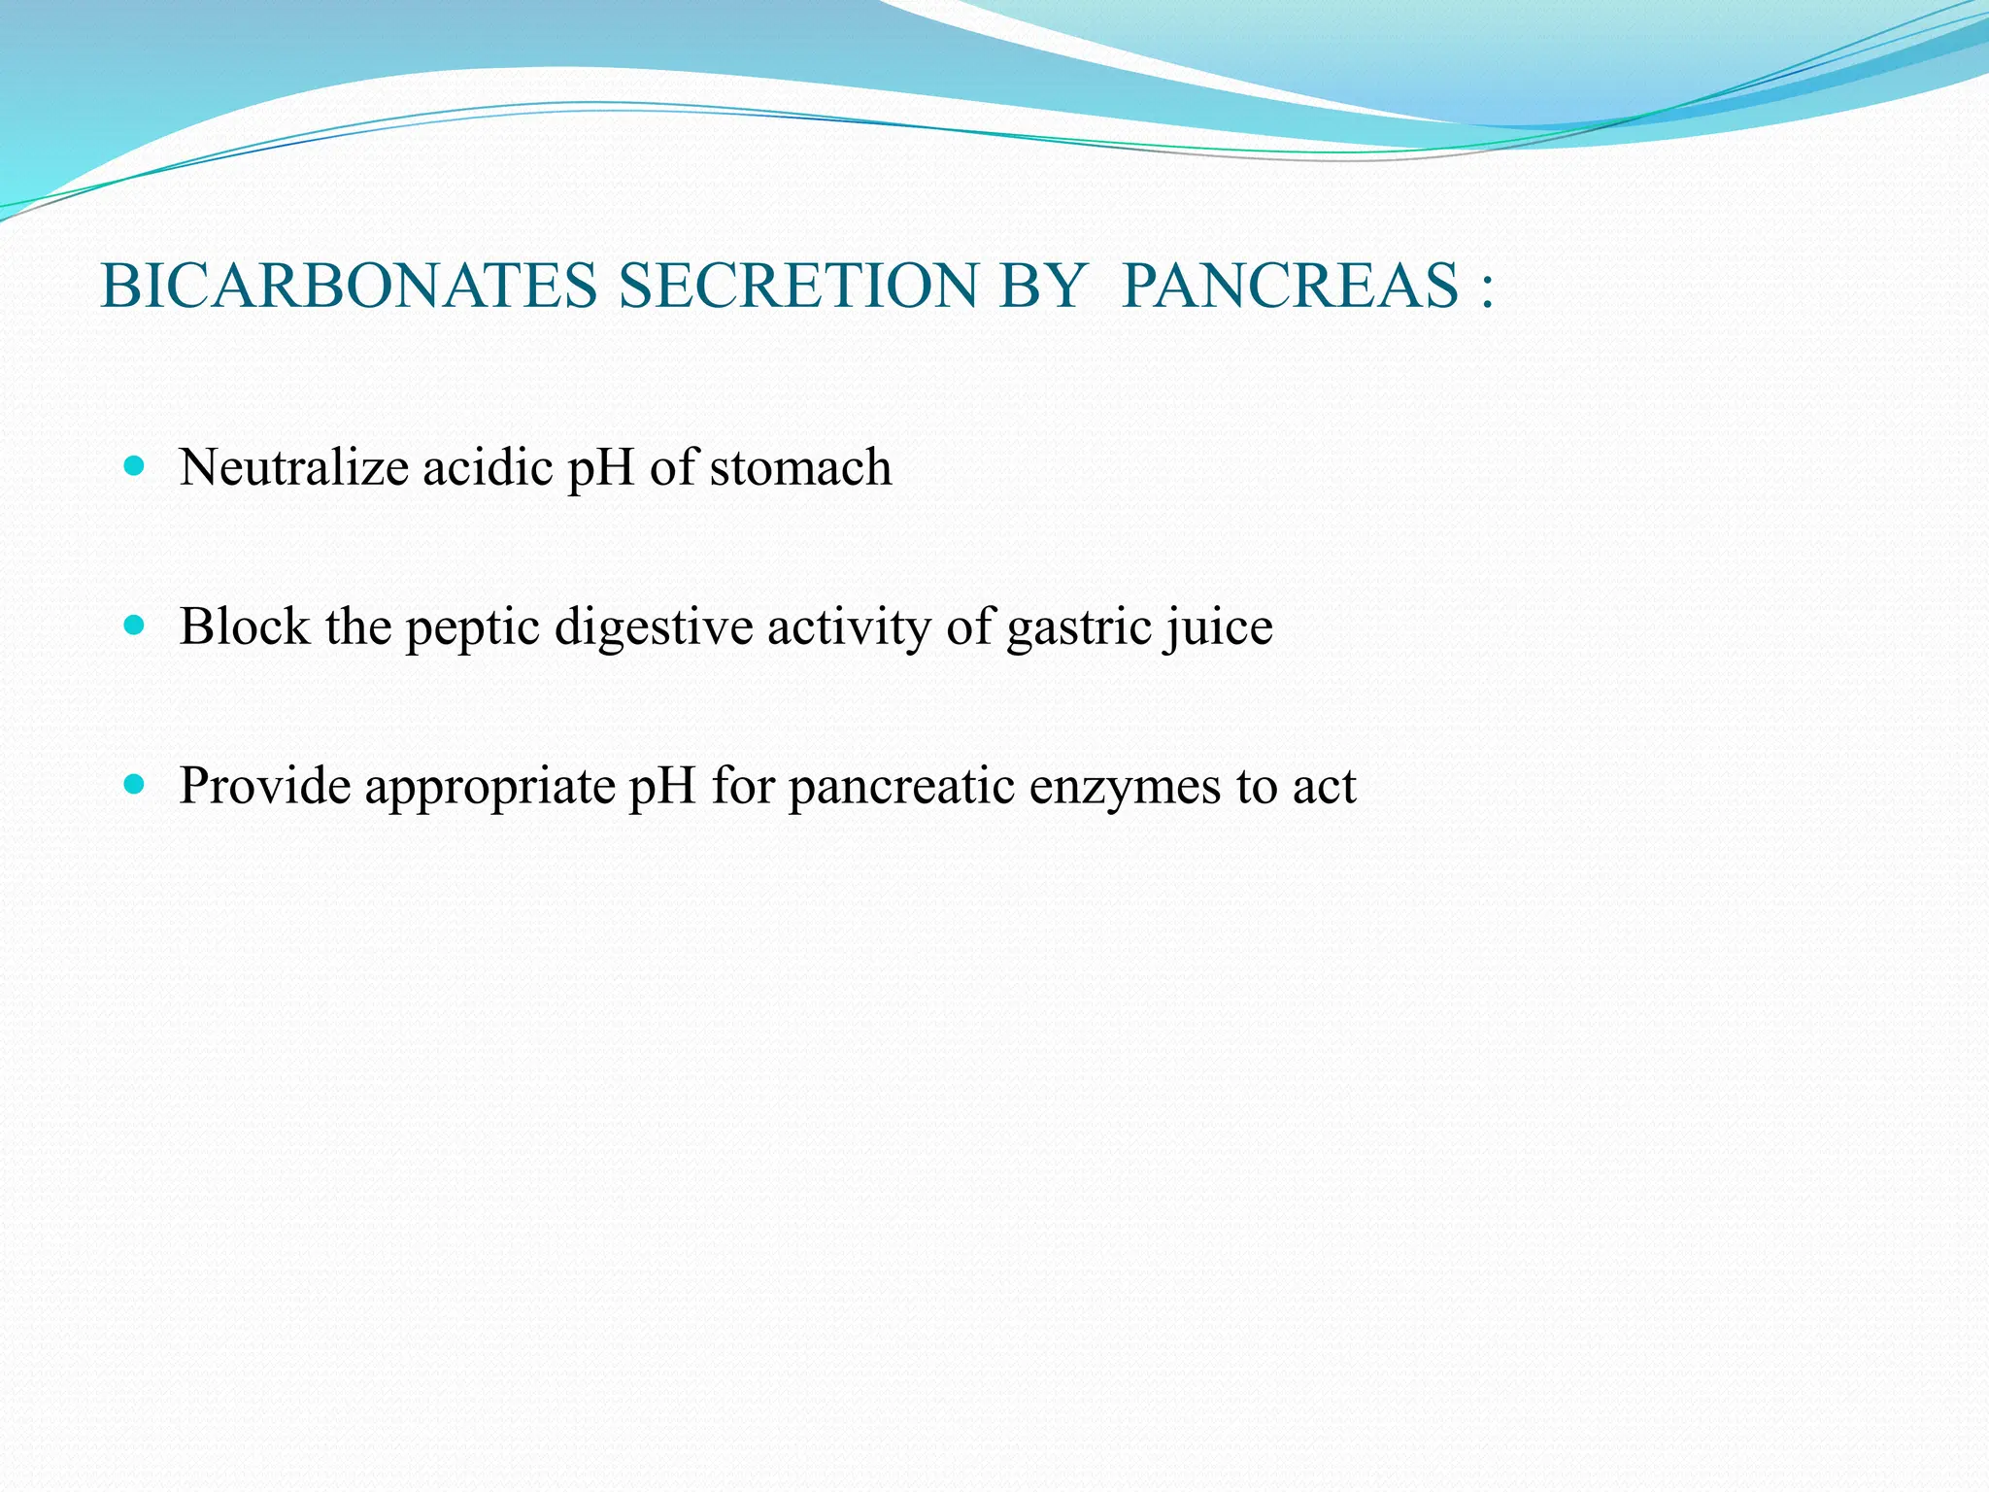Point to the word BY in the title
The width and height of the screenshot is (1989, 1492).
point(1041,287)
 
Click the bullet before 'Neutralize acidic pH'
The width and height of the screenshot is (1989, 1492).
point(135,466)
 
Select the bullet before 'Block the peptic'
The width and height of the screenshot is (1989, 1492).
point(135,626)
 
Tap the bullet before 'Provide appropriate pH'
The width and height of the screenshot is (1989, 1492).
point(135,784)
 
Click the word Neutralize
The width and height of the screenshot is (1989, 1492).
point(294,467)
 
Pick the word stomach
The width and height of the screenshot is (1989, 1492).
point(800,467)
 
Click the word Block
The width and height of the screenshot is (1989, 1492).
point(245,627)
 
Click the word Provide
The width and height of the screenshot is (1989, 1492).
point(265,786)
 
